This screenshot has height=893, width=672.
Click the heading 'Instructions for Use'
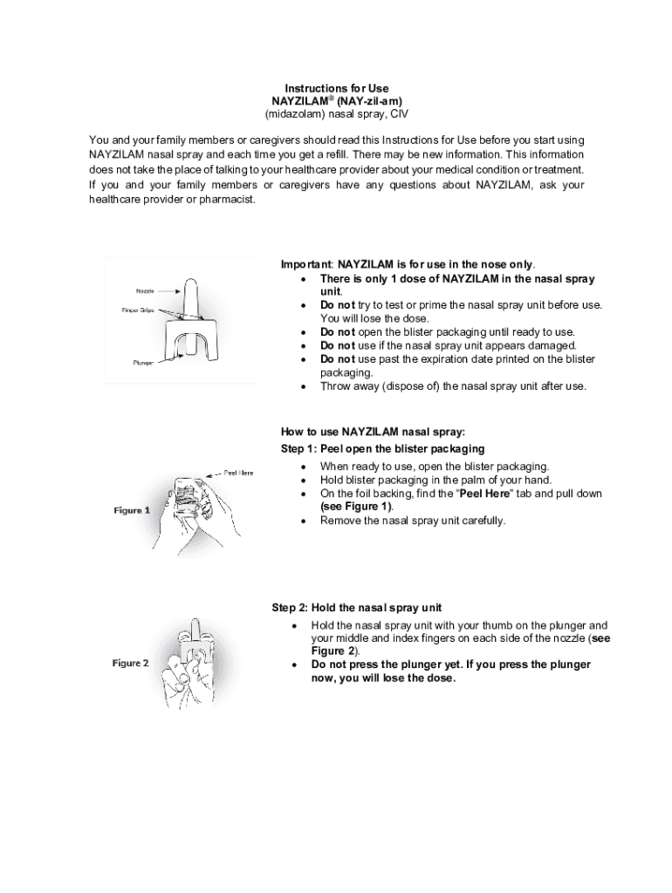click(336, 88)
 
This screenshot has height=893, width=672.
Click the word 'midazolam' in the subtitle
click(292, 113)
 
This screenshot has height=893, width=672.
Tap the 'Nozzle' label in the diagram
click(145, 290)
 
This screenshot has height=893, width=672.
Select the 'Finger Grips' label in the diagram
click(139, 310)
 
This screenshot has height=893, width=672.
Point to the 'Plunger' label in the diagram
click(144, 362)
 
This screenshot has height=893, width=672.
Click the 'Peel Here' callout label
click(238, 473)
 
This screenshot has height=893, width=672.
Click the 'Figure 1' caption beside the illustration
click(131, 510)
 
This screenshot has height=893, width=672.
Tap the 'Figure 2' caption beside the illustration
click(130, 663)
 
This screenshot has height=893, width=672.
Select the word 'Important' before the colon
click(305, 264)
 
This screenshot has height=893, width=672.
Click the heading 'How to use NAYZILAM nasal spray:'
click(373, 432)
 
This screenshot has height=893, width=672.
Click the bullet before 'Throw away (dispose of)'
click(302, 386)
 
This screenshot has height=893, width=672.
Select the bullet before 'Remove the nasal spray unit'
click(302, 521)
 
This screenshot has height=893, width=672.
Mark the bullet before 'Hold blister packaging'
click(302, 481)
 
